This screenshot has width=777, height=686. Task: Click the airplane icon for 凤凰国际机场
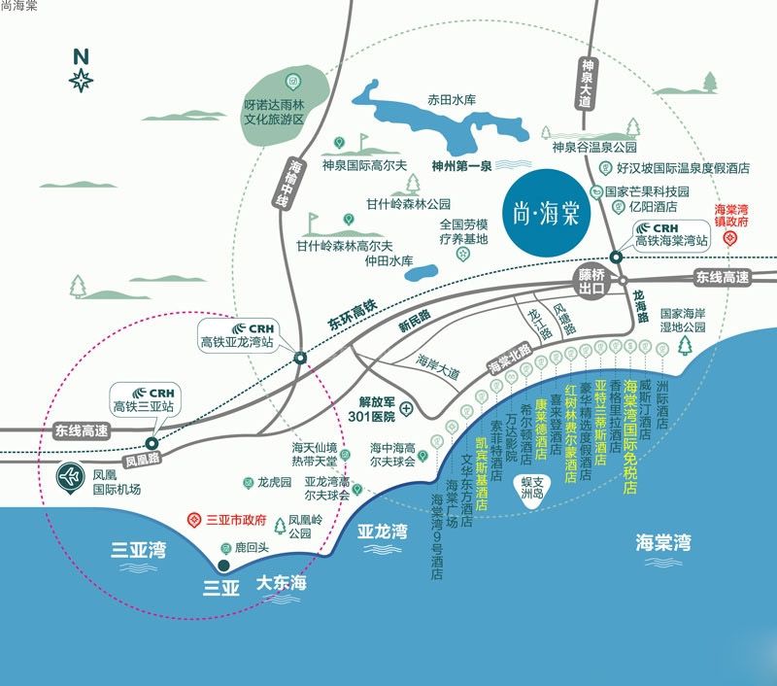click(70, 477)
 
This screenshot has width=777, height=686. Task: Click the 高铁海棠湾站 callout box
click(669, 233)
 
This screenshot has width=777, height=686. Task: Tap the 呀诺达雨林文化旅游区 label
click(274, 112)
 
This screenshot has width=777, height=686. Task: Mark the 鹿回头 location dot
click(223, 564)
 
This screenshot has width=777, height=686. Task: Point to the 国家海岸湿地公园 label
click(686, 322)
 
